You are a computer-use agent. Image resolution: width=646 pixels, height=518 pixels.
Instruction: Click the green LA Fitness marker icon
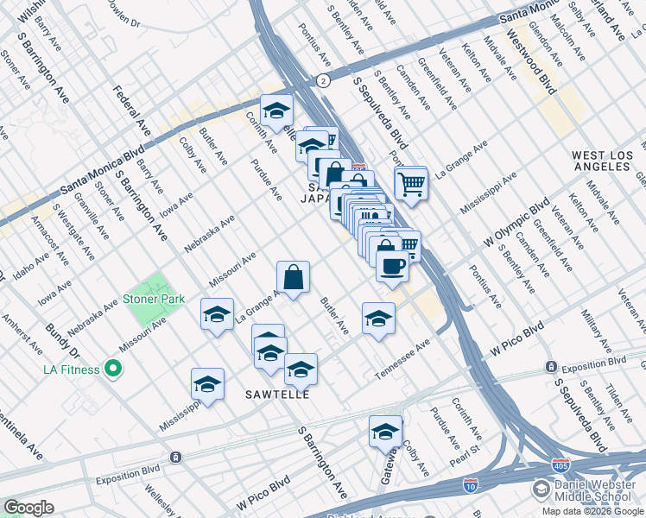click(112, 370)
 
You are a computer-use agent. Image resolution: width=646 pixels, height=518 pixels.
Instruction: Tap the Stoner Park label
click(154, 300)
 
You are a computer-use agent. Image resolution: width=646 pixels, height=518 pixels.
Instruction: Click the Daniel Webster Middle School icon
click(541, 490)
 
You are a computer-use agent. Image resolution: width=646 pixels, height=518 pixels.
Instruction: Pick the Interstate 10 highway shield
click(471, 487)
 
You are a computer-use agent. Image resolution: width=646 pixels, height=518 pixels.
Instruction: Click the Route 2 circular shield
click(322, 80)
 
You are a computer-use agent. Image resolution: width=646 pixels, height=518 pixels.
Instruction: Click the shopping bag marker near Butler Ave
click(294, 278)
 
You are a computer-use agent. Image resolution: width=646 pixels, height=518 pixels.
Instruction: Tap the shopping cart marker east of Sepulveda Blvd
click(411, 182)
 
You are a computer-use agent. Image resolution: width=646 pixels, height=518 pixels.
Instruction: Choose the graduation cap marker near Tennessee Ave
click(378, 319)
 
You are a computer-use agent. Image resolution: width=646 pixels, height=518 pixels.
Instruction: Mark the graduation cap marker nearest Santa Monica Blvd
click(276, 111)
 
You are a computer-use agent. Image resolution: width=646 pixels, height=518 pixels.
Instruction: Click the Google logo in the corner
click(28, 508)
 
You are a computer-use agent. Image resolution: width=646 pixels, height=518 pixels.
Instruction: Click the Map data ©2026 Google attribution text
click(593, 511)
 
